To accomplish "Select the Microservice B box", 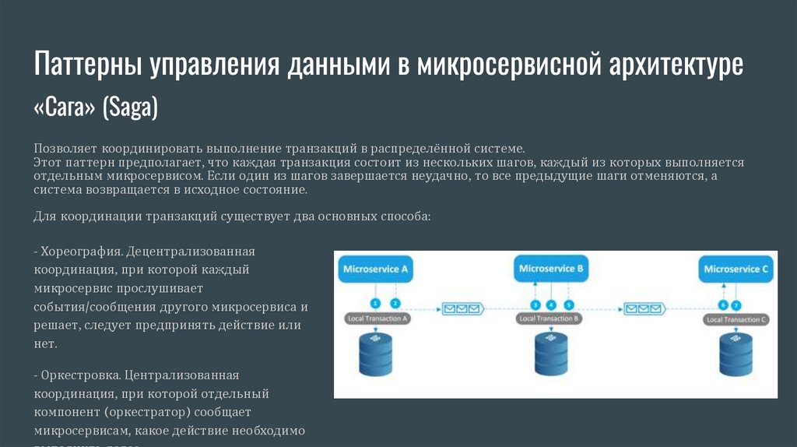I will click(x=551, y=269).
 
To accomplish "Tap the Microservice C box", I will click(x=736, y=269).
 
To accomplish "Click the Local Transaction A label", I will click(x=377, y=319).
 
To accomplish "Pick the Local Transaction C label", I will click(x=736, y=319).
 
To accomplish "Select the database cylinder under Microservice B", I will click(x=550, y=354).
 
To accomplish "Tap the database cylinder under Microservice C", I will click(x=736, y=354).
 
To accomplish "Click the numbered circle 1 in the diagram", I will click(x=375, y=302).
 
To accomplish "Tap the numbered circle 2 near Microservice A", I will click(x=395, y=302).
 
